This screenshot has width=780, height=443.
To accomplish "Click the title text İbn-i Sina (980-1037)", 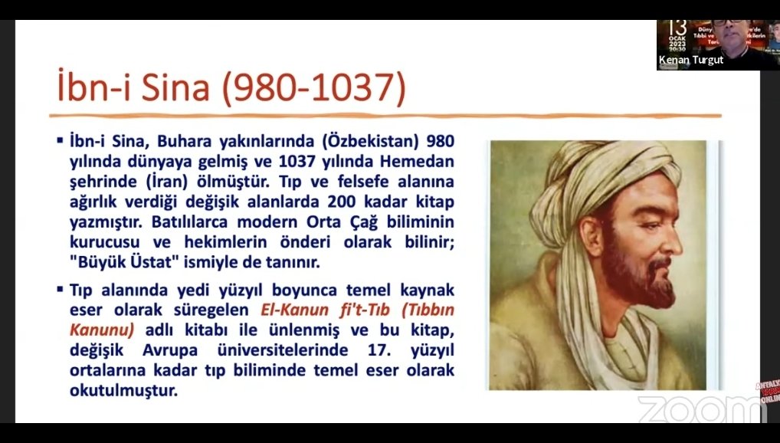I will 231,88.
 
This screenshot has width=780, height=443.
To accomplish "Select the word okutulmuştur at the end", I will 123,391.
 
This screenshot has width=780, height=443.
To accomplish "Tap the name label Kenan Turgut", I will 690,60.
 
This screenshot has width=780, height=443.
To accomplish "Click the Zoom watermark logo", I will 700,409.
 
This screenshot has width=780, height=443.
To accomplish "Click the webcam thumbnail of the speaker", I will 718,45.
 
